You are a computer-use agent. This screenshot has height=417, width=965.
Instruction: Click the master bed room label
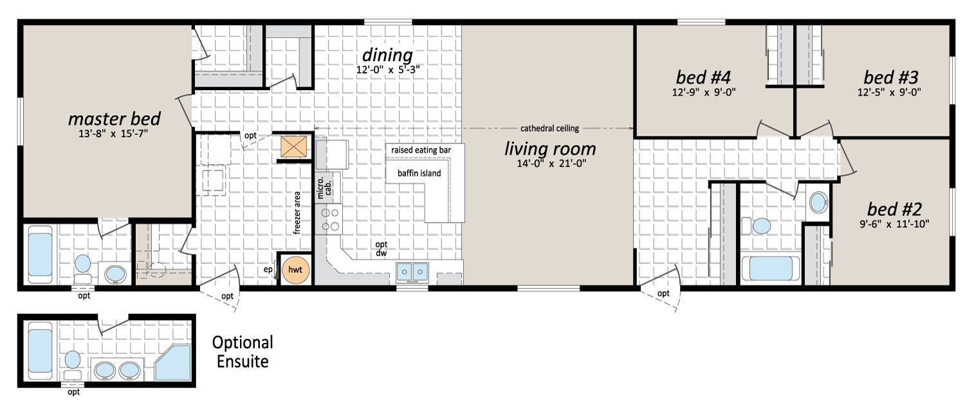tap(114, 119)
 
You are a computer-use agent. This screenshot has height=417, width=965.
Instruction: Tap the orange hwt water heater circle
tap(295, 270)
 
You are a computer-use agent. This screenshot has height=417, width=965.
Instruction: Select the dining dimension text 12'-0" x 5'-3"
tap(388, 69)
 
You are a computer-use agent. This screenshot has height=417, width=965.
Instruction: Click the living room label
tap(550, 149)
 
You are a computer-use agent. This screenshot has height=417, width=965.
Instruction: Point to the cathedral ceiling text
tap(549, 128)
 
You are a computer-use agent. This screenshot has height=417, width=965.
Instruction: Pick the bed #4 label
tap(704, 77)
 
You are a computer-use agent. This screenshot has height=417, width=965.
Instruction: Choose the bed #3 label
tap(891, 77)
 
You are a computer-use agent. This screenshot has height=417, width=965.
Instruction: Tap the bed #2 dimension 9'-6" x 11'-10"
tap(894, 223)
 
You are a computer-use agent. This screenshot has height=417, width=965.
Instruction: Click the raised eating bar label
tap(421, 150)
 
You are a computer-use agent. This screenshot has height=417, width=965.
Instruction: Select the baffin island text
tap(419, 173)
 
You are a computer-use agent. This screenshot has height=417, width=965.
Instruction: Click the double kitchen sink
tap(412, 272)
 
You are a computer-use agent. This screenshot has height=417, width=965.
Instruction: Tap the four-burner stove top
tap(329, 219)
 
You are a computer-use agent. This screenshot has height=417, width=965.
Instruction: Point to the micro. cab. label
tap(324, 187)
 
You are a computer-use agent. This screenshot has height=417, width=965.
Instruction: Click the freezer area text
tap(297, 213)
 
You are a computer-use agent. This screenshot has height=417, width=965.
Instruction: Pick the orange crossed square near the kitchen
tap(294, 147)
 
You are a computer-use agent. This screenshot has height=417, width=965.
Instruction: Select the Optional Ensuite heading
tap(243, 352)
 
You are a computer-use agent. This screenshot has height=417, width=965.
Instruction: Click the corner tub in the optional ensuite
tap(172, 363)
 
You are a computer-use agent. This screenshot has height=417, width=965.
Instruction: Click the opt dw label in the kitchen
tap(381, 248)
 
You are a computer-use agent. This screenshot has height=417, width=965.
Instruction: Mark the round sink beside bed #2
tap(818, 203)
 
